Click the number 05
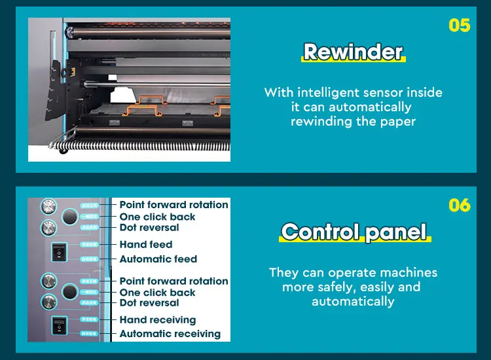point(459,26)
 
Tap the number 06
point(459,205)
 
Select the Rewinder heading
point(353,52)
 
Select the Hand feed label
point(145,244)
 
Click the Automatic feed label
point(158,259)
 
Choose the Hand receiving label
point(157,320)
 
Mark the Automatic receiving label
point(170,334)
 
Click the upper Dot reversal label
point(149,228)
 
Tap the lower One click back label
point(157,293)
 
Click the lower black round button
point(70,291)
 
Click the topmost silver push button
point(48,207)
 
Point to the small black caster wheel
point(64,150)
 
